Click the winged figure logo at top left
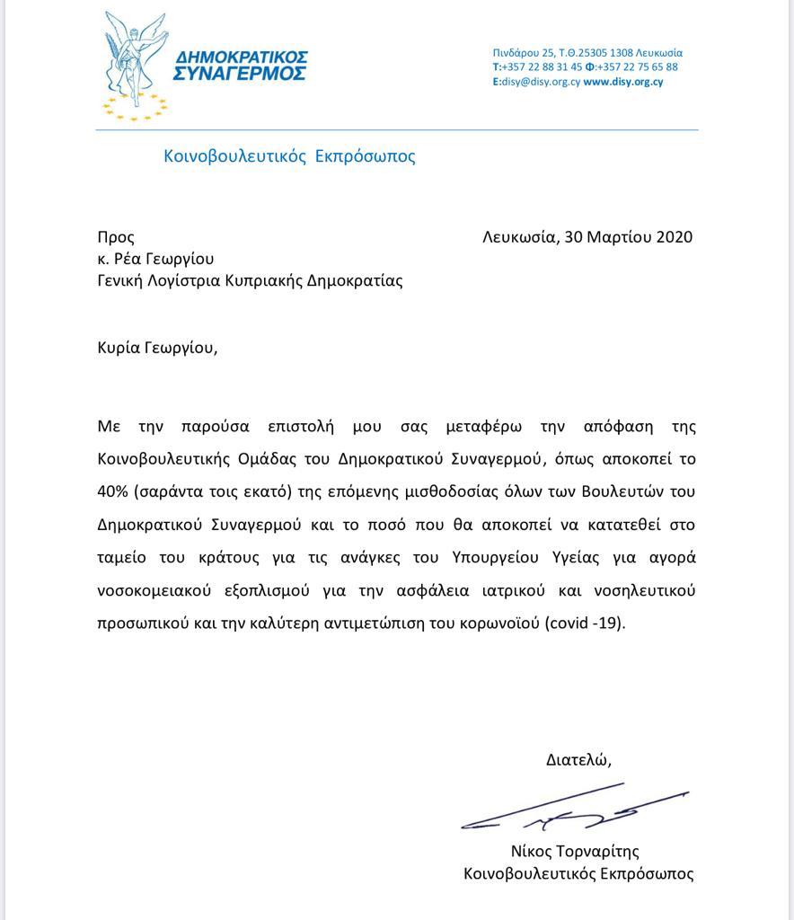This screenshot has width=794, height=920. click(x=136, y=65)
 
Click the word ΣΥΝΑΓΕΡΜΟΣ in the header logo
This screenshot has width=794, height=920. click(x=239, y=74)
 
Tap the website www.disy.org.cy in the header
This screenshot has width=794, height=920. click(x=623, y=82)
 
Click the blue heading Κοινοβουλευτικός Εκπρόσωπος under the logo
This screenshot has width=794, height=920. click(x=289, y=156)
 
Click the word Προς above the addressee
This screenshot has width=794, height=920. click(x=116, y=237)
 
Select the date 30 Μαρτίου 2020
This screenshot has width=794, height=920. click(x=629, y=237)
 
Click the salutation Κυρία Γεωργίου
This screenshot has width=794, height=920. click(x=157, y=347)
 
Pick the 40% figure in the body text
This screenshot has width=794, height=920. click(x=113, y=491)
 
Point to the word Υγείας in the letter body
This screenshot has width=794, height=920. click(x=552, y=558)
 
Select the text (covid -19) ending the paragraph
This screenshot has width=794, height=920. click(x=585, y=624)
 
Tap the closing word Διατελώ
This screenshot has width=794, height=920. click(x=578, y=759)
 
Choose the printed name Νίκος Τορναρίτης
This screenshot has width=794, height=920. click(x=575, y=851)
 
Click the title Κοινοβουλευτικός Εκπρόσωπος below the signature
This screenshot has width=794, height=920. click(x=578, y=873)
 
